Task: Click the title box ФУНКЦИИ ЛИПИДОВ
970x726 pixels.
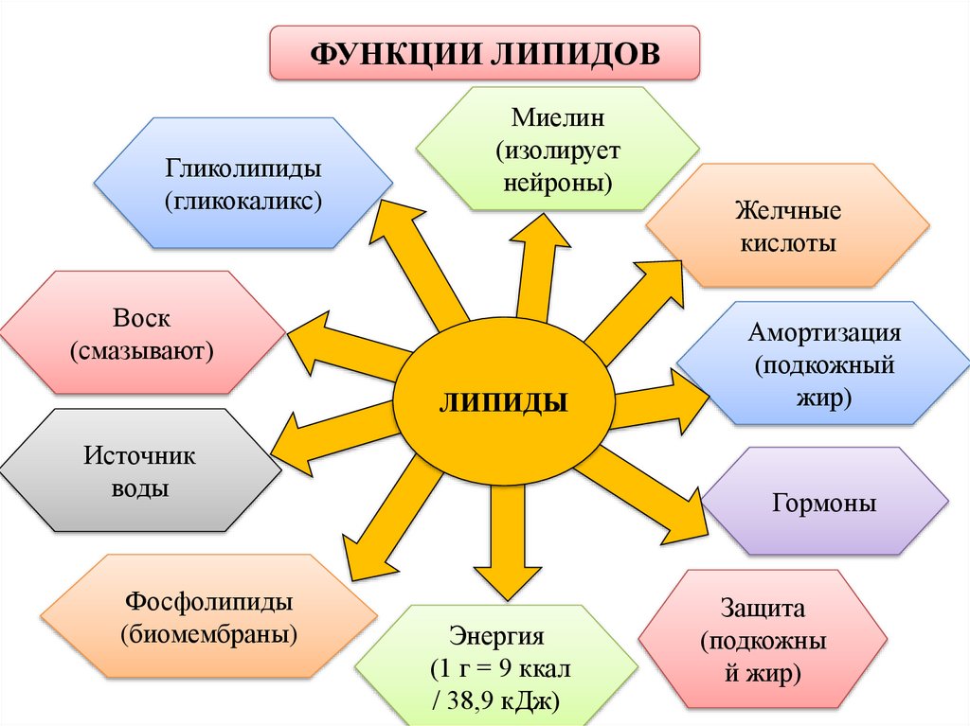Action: pos(485,53)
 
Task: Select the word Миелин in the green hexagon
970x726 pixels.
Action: pos(558,119)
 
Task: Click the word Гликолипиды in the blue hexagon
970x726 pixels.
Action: pos(244,169)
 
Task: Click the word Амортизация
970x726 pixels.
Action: pos(823,332)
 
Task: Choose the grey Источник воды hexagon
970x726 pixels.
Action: pos(140,471)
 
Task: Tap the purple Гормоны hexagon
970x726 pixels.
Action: pos(823,502)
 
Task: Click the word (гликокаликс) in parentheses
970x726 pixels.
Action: pos(244,201)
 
